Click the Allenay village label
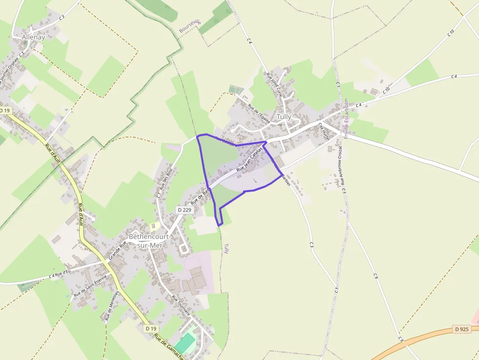(33, 37)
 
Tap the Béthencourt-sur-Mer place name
(150, 240)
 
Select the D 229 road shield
(184, 210)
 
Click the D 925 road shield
(461, 329)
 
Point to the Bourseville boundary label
(190, 26)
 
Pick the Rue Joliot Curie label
(274, 84)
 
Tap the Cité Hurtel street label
(323, 131)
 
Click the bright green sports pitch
(185, 342)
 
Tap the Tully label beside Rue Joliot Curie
(284, 117)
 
